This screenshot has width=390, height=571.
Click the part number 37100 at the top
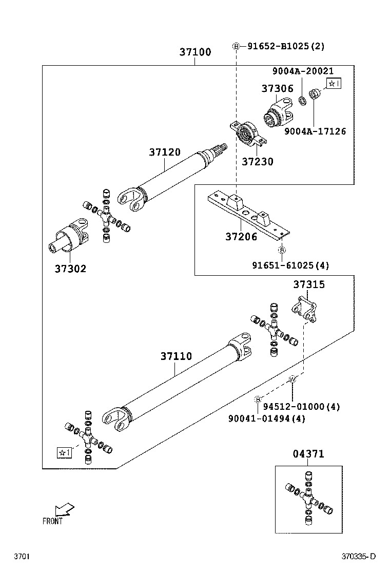pyautogui.click(x=195, y=52)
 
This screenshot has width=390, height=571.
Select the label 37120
pyautogui.click(x=165, y=153)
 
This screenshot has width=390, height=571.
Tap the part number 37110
pyautogui.click(x=175, y=356)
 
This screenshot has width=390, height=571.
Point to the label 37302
pyautogui.click(x=70, y=269)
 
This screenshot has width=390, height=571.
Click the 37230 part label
pyautogui.click(x=258, y=162)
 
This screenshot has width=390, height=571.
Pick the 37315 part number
pyautogui.click(x=309, y=284)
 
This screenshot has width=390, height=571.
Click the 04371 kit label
pyautogui.click(x=308, y=454)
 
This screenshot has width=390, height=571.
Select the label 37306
pyautogui.click(x=277, y=88)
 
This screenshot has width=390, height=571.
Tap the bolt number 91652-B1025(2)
pyautogui.click(x=286, y=46)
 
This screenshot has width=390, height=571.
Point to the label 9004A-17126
pyautogui.click(x=315, y=131)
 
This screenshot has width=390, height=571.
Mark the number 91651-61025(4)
pyautogui.click(x=290, y=265)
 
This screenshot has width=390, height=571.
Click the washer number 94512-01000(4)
pyautogui.click(x=302, y=407)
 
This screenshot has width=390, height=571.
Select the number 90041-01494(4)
pyautogui.click(x=267, y=418)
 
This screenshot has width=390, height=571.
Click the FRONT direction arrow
pyautogui.click(x=64, y=509)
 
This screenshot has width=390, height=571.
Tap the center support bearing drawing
pyautogui.click(x=247, y=131)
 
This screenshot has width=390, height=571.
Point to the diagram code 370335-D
pyautogui.click(x=359, y=557)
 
